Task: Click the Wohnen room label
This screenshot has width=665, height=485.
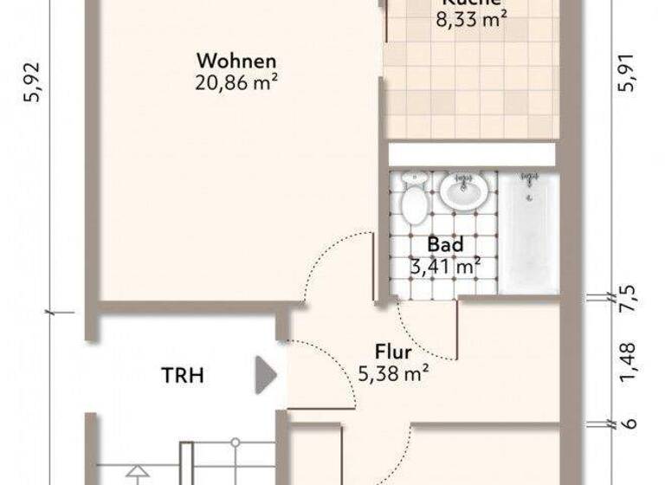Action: [236, 61]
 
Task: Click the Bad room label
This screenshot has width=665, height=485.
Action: [445, 246]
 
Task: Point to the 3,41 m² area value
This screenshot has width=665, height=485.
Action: [445, 266]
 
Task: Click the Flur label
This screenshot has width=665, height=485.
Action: [393, 353]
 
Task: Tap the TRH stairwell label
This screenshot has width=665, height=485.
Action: [183, 376]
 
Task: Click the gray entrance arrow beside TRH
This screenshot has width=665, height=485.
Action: [264, 376]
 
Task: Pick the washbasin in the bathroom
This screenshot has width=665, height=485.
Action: [464, 191]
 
